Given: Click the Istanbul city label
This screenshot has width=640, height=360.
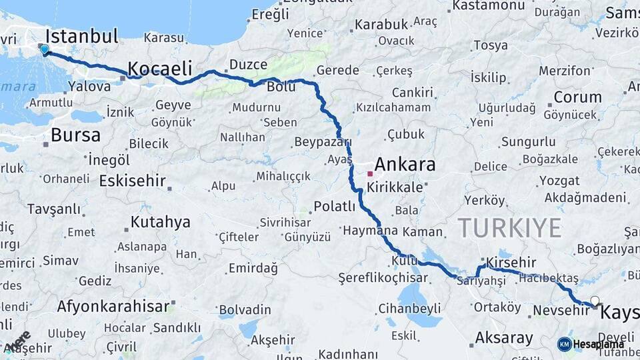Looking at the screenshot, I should click(x=82, y=36).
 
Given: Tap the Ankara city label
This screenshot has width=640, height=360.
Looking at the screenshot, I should click(x=405, y=164).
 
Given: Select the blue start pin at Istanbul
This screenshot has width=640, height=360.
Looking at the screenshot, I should click(x=45, y=49).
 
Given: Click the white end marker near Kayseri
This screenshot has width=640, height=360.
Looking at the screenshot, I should click(x=595, y=301).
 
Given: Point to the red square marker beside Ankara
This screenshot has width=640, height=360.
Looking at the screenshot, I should click(x=370, y=173).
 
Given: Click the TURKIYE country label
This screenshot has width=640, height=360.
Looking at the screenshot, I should click(x=509, y=228).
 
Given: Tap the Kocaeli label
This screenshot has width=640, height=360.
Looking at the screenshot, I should click(x=159, y=68).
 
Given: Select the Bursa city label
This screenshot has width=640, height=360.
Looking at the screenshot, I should click(x=75, y=135).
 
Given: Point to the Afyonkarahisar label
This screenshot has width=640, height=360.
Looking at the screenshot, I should click(x=113, y=307).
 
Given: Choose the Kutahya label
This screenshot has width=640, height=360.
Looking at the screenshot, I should click(x=160, y=222).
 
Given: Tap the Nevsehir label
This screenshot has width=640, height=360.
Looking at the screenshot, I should click(x=562, y=310).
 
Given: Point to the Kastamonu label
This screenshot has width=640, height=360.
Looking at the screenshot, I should click(x=489, y=6).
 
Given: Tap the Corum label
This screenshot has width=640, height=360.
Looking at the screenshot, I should click(x=577, y=97).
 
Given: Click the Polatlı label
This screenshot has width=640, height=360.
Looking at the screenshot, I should click(x=335, y=206).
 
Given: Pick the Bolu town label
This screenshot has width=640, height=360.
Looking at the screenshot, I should click(x=281, y=87).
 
